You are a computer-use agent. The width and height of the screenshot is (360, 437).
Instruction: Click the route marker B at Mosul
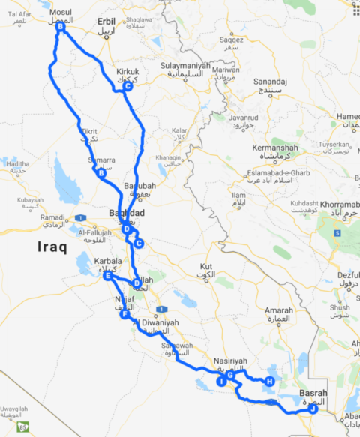60,28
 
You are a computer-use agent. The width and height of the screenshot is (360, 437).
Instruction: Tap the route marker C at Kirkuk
127,87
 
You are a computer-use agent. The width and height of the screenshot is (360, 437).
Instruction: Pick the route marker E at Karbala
108,277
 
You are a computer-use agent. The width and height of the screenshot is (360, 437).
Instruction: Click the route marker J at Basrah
313,409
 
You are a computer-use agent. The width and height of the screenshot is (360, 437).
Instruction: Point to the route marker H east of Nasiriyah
268,381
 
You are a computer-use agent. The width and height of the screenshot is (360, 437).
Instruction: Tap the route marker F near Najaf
124,315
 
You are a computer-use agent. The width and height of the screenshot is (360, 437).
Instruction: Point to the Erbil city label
106,22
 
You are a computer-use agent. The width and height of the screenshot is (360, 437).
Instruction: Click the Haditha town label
16,164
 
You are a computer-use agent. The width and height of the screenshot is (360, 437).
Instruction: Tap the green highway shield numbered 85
24,428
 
